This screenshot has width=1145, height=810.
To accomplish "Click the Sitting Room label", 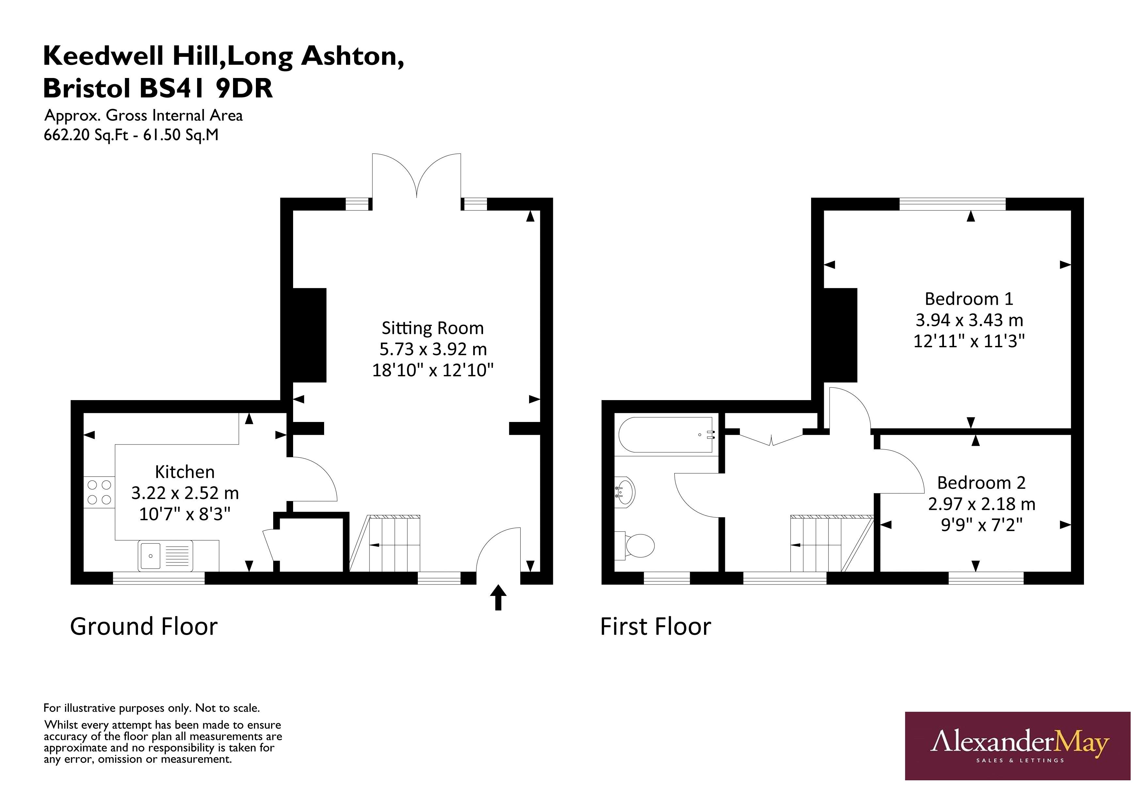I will point(432,328).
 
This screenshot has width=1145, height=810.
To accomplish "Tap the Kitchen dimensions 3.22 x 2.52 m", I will point(185,493).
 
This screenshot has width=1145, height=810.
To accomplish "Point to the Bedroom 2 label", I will point(981,483).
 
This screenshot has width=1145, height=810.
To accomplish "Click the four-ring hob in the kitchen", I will point(99,492).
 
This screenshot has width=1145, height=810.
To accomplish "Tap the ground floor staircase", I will point(394,544).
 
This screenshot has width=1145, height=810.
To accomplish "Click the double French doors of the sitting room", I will point(416,177).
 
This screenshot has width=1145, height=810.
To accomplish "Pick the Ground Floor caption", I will point(144,627).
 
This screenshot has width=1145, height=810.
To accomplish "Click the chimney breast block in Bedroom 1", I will point(839,335).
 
